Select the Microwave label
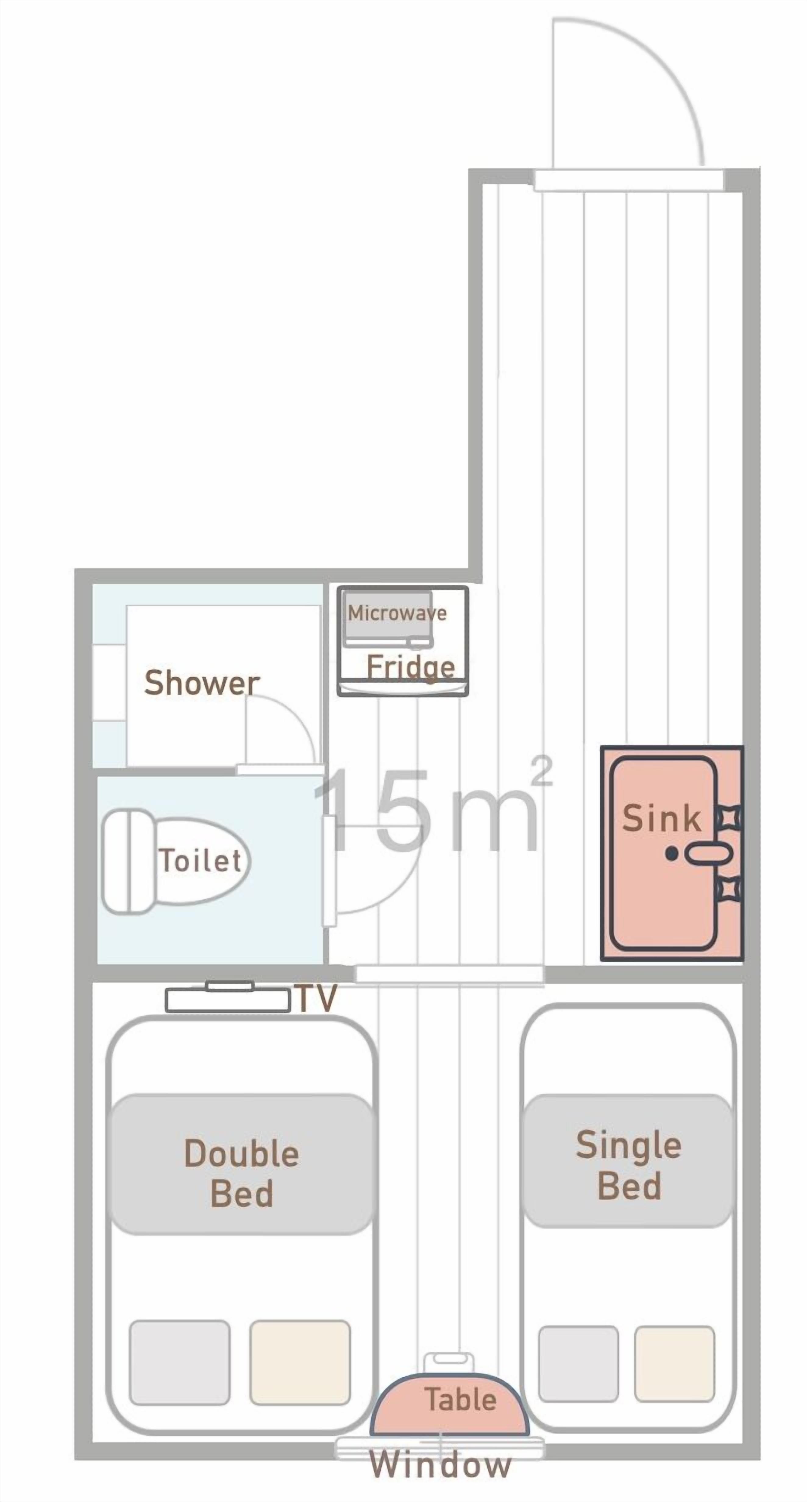click(397, 613)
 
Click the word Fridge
click(411, 667)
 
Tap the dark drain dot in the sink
click(672, 854)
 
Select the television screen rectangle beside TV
click(227, 1001)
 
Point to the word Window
click(440, 1465)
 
